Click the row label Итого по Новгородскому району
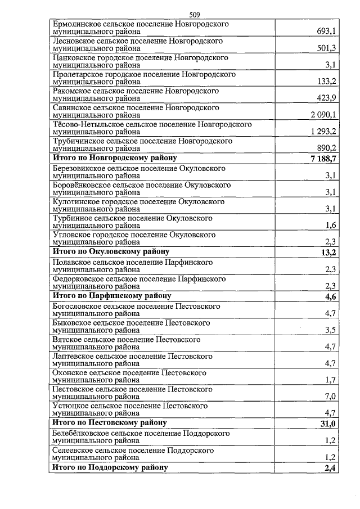tap(115, 159)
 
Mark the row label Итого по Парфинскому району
tap(112, 295)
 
